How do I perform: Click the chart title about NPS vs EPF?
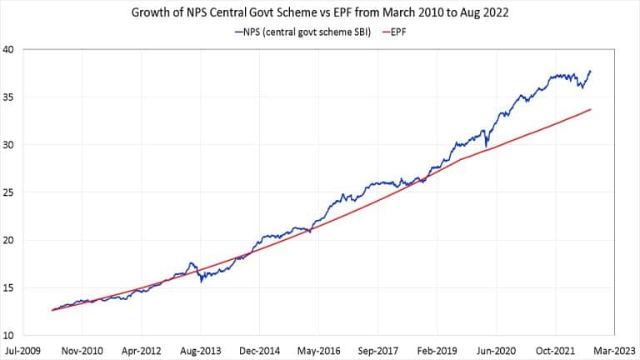320,13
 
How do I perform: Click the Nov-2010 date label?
82,351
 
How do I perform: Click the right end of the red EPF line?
591,109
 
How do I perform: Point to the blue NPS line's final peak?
591,71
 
